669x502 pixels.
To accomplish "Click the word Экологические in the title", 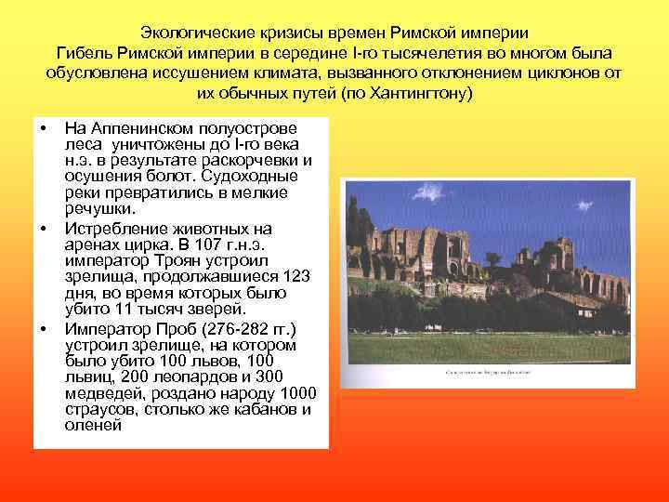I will (190, 31).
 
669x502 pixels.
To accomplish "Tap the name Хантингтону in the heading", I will (424, 95).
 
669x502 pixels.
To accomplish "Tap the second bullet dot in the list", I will (42, 228).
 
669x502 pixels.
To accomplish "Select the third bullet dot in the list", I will (42, 329).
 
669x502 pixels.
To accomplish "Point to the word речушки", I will (98, 210).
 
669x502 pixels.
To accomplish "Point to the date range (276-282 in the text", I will (236, 328).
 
